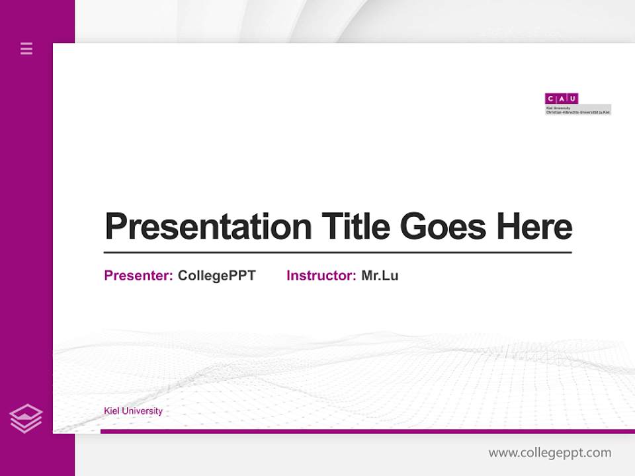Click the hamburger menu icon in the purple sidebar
(x=26, y=48)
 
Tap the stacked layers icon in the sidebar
(x=26, y=418)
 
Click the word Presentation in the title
(x=208, y=227)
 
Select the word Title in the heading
(x=355, y=227)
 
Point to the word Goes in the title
(x=443, y=227)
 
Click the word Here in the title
(x=534, y=227)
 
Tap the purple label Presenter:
(x=138, y=276)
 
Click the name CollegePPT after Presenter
(x=216, y=276)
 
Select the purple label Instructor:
(x=321, y=276)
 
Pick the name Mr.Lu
(x=380, y=276)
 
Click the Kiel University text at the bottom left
(x=133, y=411)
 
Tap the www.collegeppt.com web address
(x=550, y=453)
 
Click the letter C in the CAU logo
(x=550, y=99)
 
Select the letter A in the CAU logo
(x=562, y=99)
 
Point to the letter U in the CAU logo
(x=573, y=99)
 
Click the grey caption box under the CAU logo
(x=577, y=110)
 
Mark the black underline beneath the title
(x=337, y=253)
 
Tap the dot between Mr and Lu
(x=378, y=280)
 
